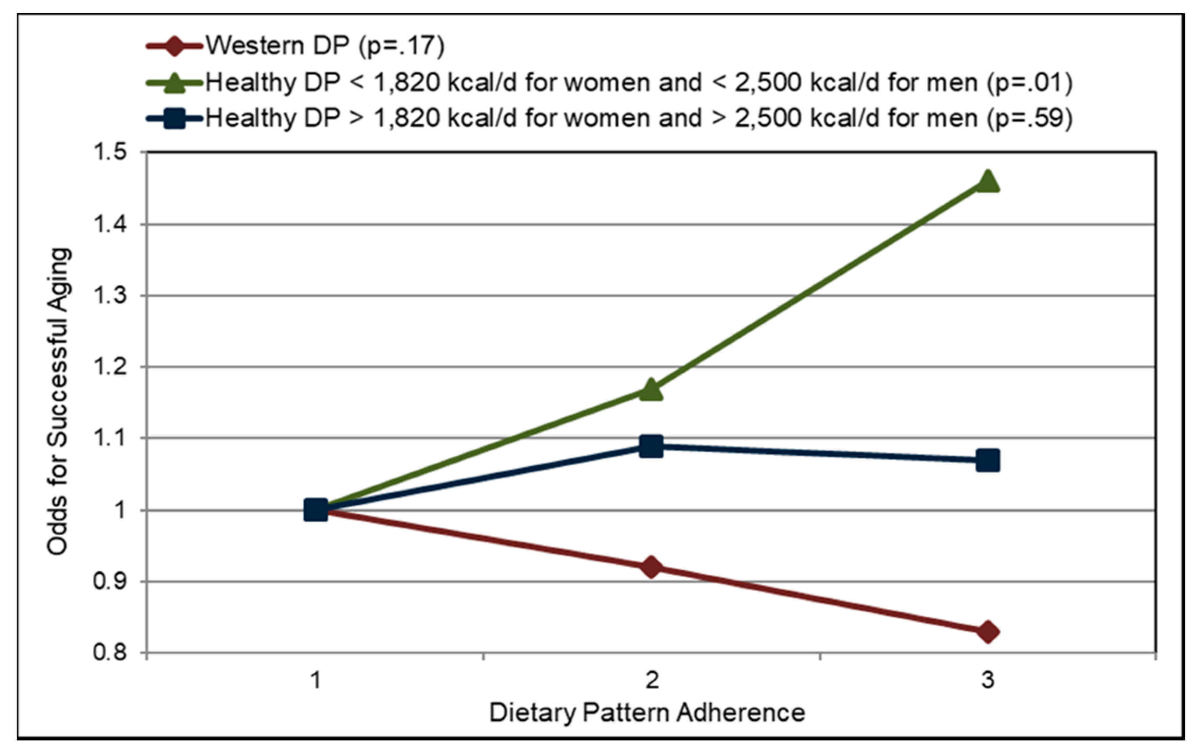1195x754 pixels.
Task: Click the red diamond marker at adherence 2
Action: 651,566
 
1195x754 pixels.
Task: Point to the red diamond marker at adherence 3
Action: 988,632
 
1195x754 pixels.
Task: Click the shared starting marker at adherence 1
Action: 315,510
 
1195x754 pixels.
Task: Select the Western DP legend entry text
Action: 325,46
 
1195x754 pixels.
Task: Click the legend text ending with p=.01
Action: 639,82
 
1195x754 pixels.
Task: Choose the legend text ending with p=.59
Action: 639,118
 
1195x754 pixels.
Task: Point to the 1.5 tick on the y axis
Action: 109,152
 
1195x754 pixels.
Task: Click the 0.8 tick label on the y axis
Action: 109,652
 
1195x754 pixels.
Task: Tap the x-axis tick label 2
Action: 651,680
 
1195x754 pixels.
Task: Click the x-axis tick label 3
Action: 988,680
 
